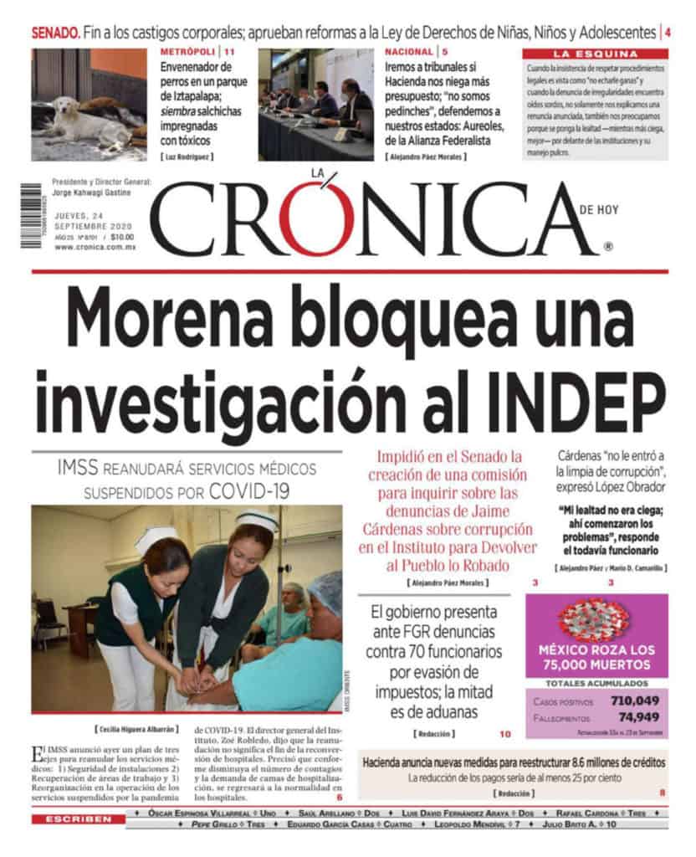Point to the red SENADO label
[x=56, y=33]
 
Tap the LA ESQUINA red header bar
[x=595, y=53]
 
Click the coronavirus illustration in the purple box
[x=595, y=619]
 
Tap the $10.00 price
[x=121, y=237]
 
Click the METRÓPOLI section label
[x=186, y=52]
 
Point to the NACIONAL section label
[x=409, y=52]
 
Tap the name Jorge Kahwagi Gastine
[x=96, y=192]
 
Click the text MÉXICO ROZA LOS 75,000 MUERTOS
[x=596, y=657]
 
